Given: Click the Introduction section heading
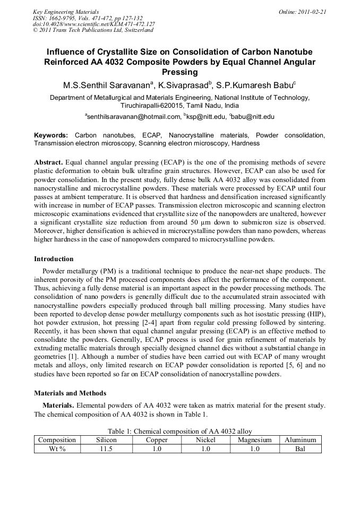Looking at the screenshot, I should coord(54,259).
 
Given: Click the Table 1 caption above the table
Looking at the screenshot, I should coord(179,431).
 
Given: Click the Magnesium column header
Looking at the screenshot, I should coord(254,440).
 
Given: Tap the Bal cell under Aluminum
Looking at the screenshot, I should coord(300,448).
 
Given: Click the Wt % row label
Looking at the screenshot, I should coord(57,448).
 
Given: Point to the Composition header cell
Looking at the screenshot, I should coord(57,440).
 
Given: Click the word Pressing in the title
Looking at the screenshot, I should coord(179,72).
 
